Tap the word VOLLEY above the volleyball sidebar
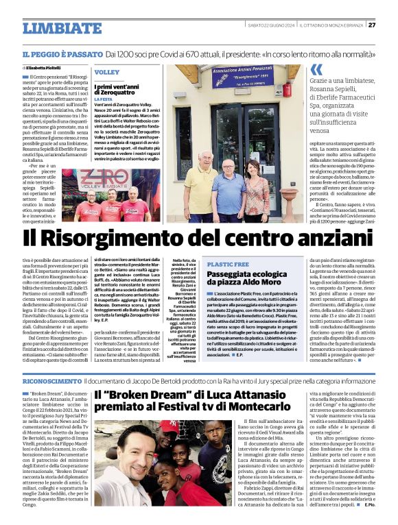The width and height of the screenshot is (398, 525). [x=106, y=71]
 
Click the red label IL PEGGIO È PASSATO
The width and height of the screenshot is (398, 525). [x=62, y=54]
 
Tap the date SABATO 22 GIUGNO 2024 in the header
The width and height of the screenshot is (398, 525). [x=270, y=25]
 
